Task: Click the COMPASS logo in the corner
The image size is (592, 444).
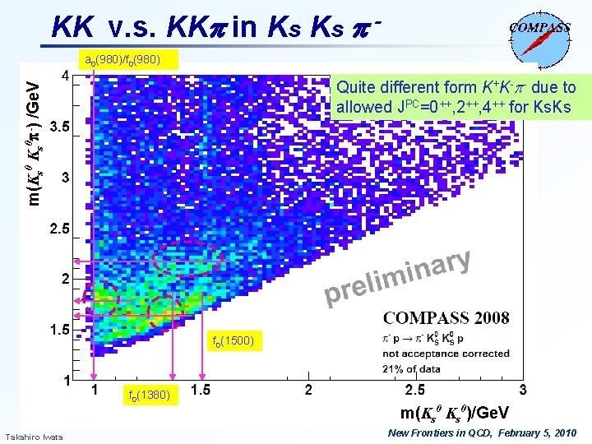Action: tap(540, 36)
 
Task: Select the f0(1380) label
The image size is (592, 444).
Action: tap(149, 395)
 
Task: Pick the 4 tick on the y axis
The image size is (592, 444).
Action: tap(64, 76)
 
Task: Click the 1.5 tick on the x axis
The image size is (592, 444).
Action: tap(199, 390)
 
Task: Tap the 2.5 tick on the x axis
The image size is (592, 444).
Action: tap(414, 390)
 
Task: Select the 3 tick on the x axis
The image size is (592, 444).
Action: tap(524, 390)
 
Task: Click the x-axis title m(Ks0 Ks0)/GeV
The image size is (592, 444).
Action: tap(454, 411)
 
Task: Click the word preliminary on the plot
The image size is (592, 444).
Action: tap(398, 277)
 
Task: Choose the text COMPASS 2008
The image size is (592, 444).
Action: tap(446, 317)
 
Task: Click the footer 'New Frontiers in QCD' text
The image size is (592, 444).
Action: tap(482, 432)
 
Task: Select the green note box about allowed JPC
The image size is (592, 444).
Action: tap(456, 97)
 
